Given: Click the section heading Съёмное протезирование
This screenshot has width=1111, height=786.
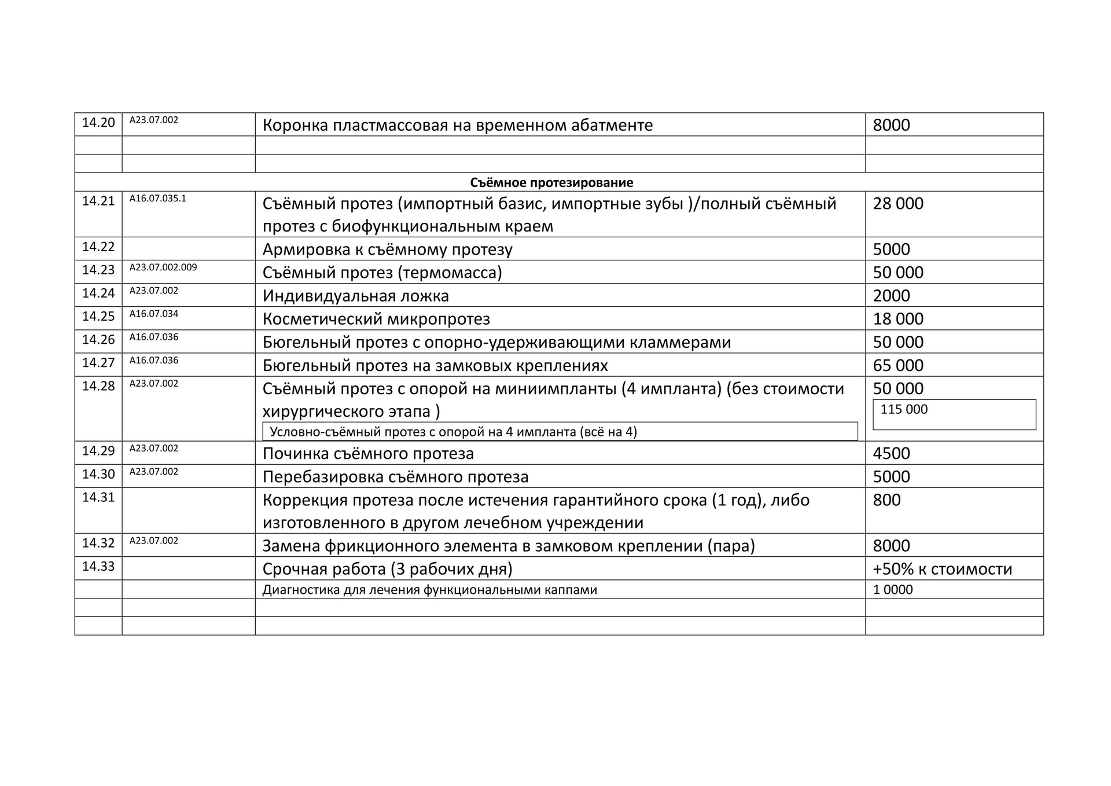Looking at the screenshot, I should click(x=551, y=183).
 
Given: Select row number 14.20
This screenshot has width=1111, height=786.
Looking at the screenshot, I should click(x=98, y=123).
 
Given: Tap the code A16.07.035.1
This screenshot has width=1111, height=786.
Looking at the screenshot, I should click(x=157, y=199).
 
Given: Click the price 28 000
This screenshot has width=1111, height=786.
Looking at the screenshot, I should click(x=897, y=204).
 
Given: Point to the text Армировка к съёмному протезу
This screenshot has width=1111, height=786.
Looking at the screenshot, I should click(x=387, y=249).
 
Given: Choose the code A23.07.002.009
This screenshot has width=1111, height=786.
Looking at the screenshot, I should click(x=163, y=267).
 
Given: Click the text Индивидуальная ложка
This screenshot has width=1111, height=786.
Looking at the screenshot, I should click(x=355, y=296).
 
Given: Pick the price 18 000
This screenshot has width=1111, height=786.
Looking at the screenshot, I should click(x=897, y=319).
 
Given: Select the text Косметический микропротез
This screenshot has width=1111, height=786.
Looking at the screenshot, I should click(x=376, y=319).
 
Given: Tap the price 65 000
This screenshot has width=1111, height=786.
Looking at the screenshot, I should click(x=897, y=365).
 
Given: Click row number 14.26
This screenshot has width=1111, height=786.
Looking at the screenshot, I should click(x=98, y=340).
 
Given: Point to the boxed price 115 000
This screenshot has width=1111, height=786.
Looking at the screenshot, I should click(x=904, y=410).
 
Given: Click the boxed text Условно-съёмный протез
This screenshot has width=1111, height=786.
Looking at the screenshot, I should click(x=453, y=432).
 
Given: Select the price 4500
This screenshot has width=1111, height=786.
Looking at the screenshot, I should click(x=891, y=453).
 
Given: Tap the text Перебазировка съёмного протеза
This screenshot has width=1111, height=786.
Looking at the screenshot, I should click(x=395, y=477).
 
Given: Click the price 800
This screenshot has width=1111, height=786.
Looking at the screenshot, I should click(x=886, y=500).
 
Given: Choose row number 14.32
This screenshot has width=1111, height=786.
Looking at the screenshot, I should click(x=98, y=543).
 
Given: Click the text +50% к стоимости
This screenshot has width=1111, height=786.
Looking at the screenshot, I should click(x=942, y=569).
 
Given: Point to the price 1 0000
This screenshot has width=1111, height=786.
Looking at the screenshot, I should click(x=892, y=590).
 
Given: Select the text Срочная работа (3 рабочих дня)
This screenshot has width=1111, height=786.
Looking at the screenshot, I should click(x=387, y=569).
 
